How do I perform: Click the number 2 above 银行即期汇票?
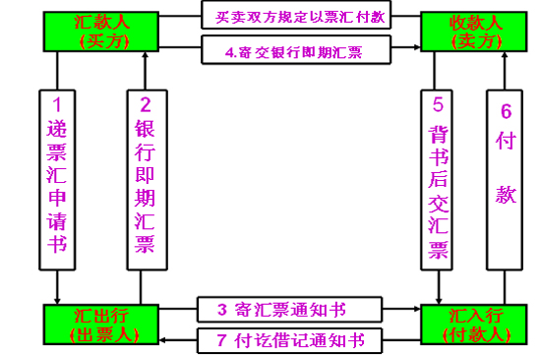(x=145, y=103)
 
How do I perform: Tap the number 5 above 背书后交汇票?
(x=438, y=101)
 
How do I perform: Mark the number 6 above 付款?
(x=506, y=111)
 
